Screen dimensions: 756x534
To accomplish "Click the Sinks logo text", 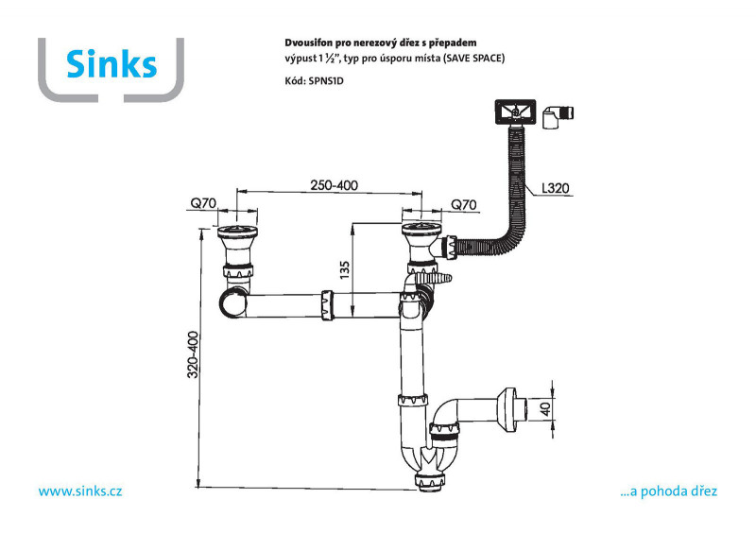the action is click(x=112, y=64).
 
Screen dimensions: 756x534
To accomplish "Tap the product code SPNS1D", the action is click(x=326, y=81).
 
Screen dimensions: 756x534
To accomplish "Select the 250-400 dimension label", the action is click(x=335, y=185).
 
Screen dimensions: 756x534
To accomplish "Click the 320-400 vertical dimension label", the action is click(x=193, y=354).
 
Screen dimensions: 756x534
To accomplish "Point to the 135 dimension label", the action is click(x=344, y=270).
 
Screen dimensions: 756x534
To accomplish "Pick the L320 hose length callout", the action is click(x=556, y=188).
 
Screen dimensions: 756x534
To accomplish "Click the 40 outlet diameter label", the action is click(x=545, y=409).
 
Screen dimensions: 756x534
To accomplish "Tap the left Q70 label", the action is click(x=203, y=203).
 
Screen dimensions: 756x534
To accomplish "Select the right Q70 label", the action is click(x=463, y=204).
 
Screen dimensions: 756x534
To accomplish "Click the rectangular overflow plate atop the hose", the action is click(x=515, y=112).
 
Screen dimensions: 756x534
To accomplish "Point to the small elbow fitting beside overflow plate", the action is click(x=558, y=117).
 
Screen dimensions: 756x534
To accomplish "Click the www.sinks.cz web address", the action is click(x=80, y=491).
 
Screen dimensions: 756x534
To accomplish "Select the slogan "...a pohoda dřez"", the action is click(x=669, y=491).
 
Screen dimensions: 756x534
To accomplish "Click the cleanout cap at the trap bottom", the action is click(x=430, y=482).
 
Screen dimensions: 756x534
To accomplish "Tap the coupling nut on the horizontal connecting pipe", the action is click(x=327, y=305).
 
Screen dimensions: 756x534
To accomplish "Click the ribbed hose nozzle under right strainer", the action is click(x=437, y=279).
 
